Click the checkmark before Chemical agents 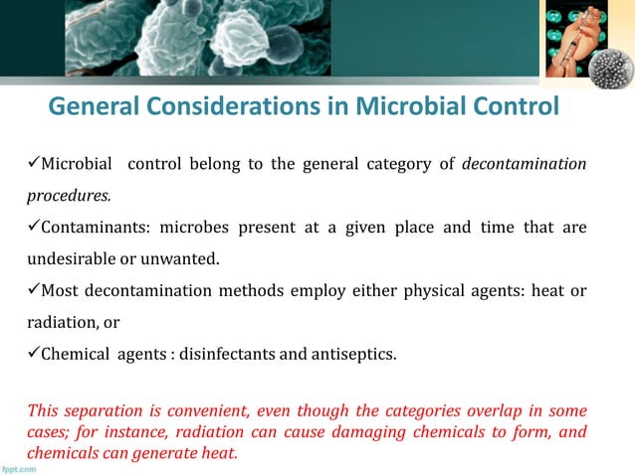click(x=34, y=353)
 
